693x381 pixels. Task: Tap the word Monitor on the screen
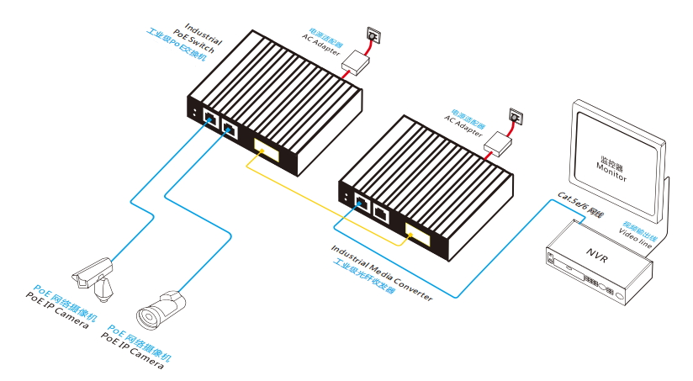611,167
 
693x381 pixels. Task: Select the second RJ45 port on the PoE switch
229,130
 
